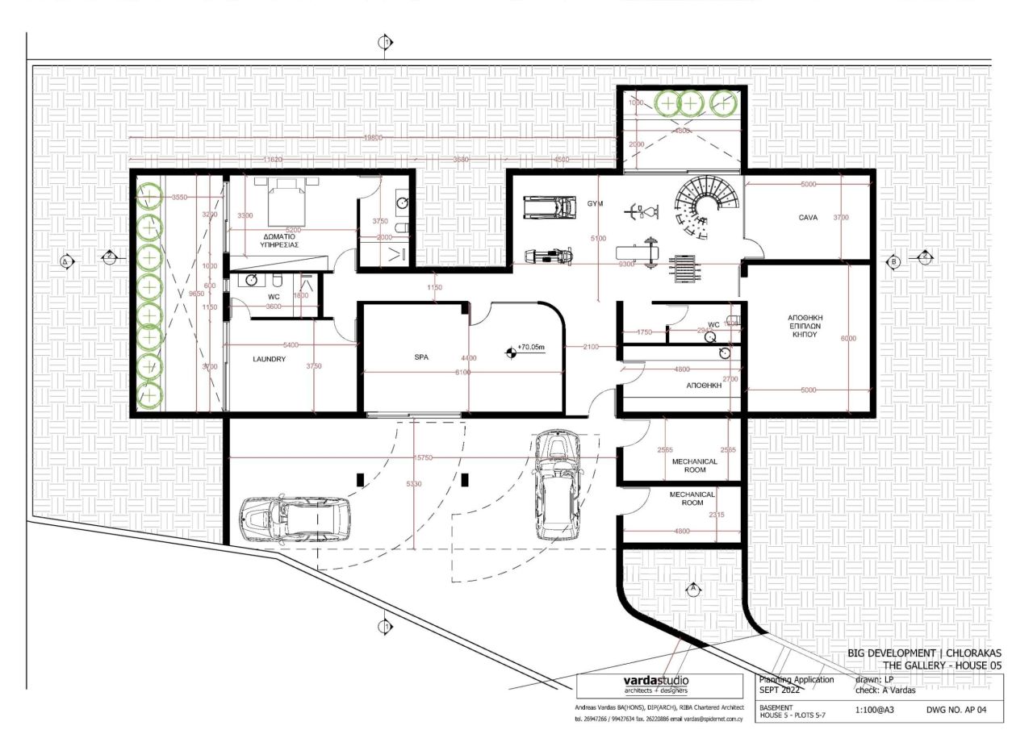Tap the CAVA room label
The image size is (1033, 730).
(809, 218)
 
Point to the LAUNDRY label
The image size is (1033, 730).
(269, 360)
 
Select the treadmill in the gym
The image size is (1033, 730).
(550, 207)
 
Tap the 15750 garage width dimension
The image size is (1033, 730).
(424, 457)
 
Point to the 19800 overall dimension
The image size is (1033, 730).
(373, 138)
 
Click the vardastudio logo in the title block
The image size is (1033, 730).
(655, 680)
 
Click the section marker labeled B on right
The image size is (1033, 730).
(893, 261)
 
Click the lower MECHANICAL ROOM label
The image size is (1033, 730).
(692, 498)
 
